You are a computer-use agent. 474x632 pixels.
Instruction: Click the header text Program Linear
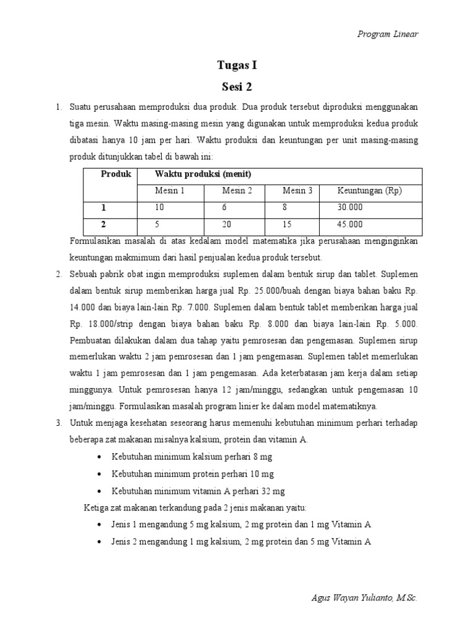[388, 34]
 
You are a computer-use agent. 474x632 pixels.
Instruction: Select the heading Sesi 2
[237, 86]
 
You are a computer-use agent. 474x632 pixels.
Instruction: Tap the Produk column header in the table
[116, 175]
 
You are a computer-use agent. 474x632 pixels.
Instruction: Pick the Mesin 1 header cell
[170, 191]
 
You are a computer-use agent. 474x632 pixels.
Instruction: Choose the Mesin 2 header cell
[237, 191]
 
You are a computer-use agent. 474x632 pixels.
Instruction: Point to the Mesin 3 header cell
[297, 191]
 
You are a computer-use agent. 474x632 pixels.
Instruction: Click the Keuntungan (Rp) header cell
[369, 191]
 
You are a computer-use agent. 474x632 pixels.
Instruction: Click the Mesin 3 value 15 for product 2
[287, 225]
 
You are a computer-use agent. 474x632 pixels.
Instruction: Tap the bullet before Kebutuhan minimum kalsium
[101, 457]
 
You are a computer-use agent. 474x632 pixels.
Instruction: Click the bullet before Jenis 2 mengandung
[101, 542]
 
